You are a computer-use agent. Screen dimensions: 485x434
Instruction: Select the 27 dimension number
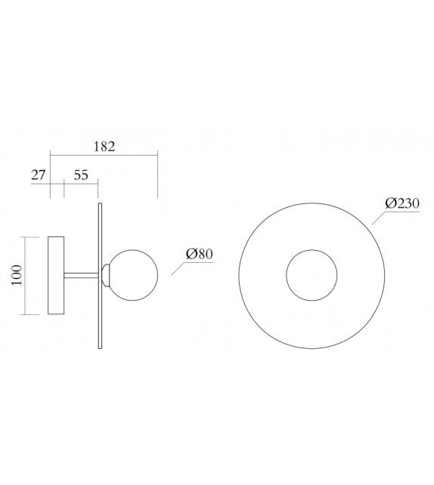38,175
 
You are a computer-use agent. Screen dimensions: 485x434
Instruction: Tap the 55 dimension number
81,175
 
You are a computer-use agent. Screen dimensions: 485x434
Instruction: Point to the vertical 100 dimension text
17,276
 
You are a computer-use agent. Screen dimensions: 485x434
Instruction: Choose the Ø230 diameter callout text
402,203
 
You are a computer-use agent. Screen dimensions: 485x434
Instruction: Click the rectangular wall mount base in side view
56,276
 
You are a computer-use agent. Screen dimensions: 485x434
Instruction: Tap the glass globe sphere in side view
134,274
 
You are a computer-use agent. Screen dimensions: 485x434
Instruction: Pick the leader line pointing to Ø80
178,269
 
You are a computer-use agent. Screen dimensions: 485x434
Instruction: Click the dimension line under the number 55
81,183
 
